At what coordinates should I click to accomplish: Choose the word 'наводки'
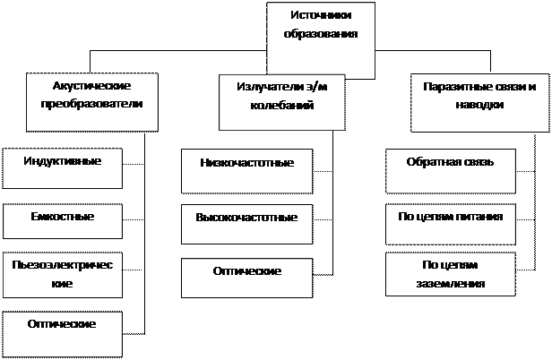click(479, 104)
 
